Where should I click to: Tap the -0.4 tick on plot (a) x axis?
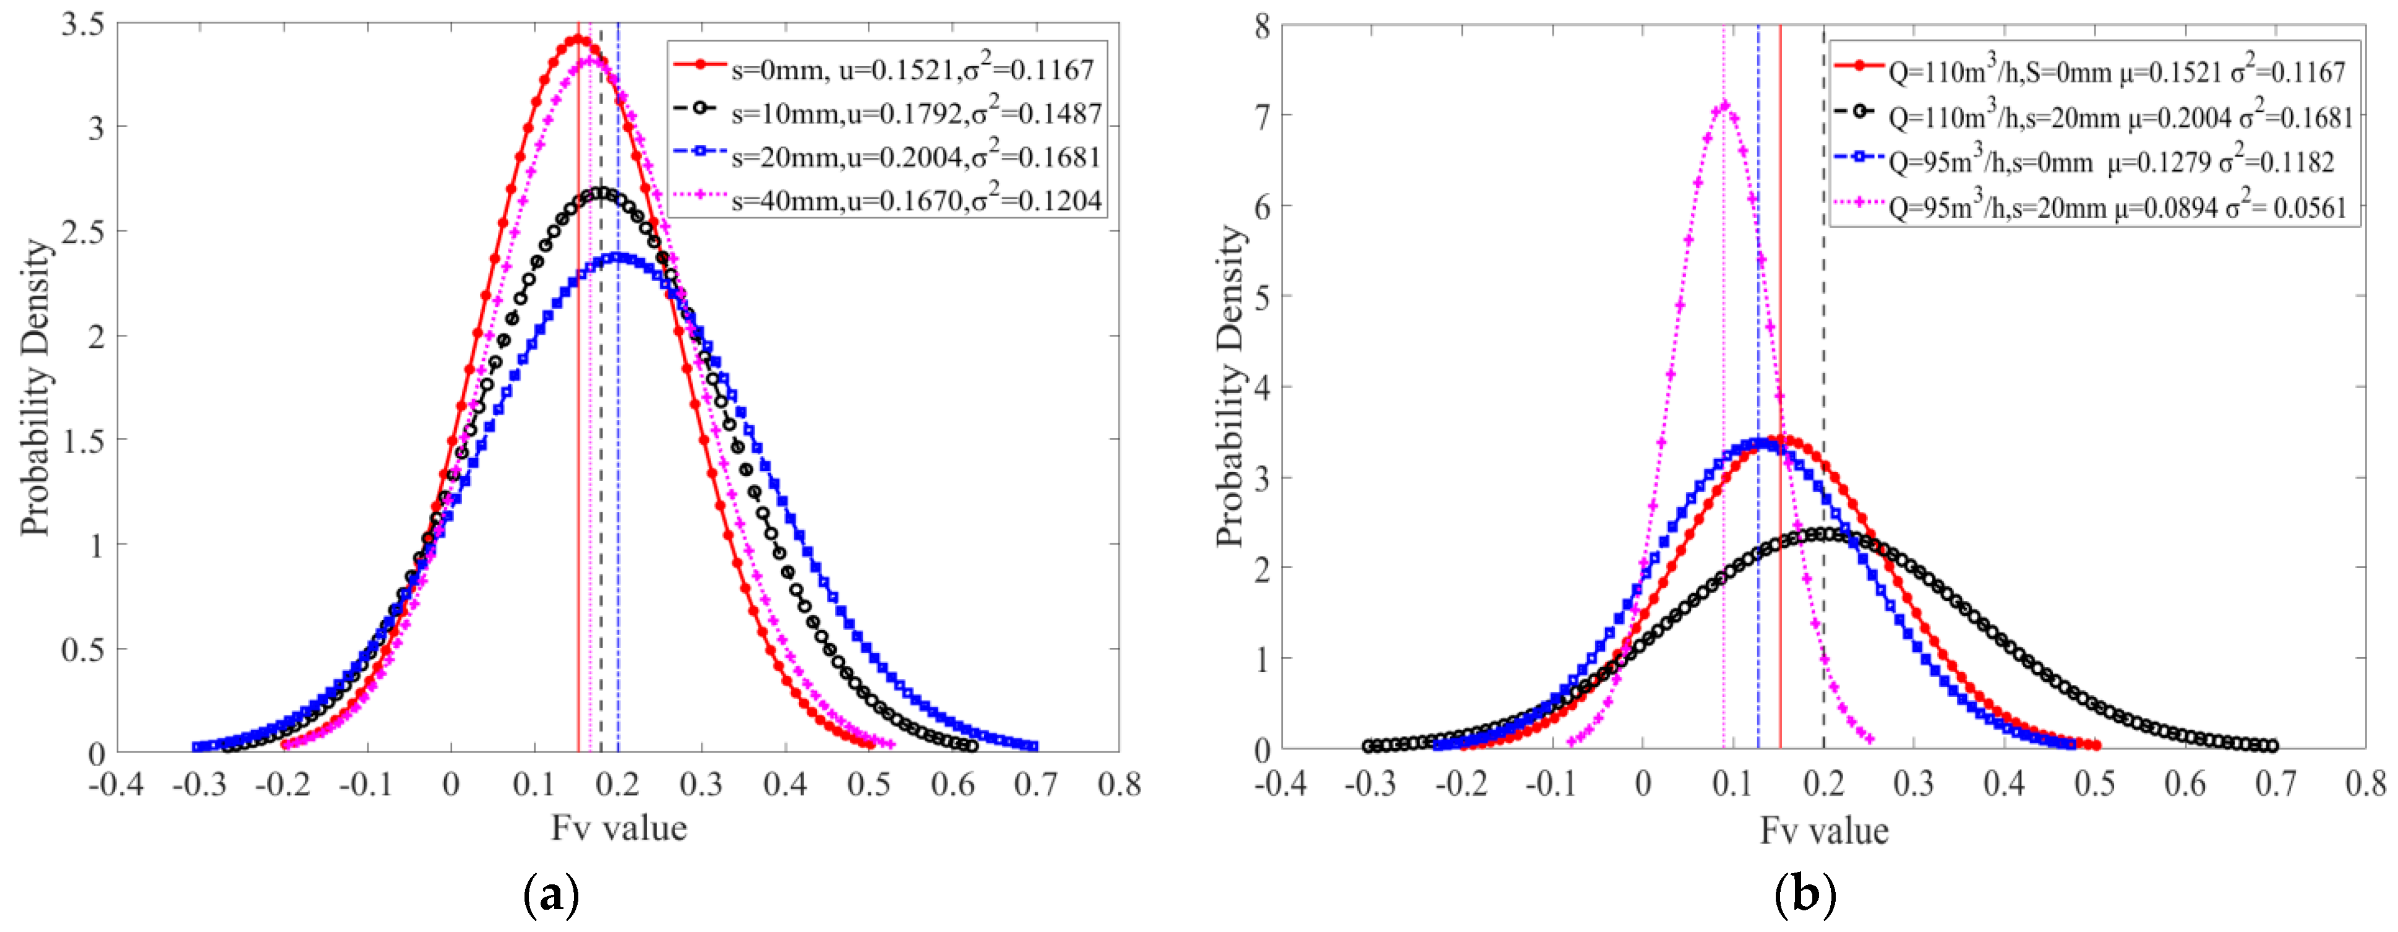click(x=116, y=785)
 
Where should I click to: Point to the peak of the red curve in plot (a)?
click(x=578, y=39)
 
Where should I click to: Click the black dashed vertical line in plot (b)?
click(x=1823, y=373)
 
